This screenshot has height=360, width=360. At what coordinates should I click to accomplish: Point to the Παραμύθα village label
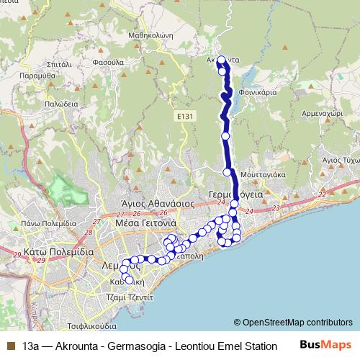(35, 75)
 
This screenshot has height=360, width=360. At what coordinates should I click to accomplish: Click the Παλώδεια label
(61, 103)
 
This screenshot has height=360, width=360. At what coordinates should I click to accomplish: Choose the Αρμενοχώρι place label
(320, 114)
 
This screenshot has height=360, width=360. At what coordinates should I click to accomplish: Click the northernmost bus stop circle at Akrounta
(221, 60)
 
